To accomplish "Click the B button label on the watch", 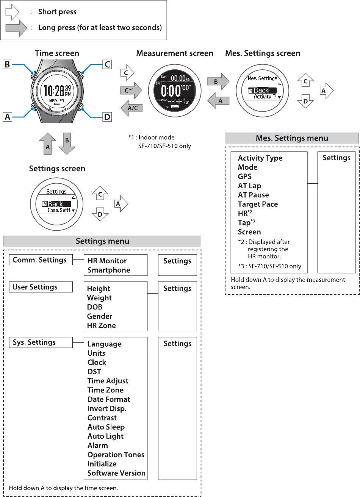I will click(7, 64).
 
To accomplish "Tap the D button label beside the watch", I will click(107, 117).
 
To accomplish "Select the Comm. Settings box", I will click(41, 260).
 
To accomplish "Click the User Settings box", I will click(41, 287).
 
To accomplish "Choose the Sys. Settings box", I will click(41, 342).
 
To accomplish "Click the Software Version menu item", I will click(116, 473).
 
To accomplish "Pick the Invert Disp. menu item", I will click(107, 409).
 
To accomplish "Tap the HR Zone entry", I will click(101, 325).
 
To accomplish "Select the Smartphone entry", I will click(109, 270).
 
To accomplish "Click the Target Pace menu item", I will click(258, 204).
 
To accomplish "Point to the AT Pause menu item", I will click(253, 195).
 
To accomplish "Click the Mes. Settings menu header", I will click(292, 138).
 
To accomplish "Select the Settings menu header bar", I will click(102, 241).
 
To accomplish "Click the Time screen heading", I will click(57, 53).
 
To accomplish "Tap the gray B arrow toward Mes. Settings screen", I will click(218, 81).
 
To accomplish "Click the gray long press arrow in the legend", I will click(16, 28).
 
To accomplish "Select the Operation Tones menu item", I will click(116, 455).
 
